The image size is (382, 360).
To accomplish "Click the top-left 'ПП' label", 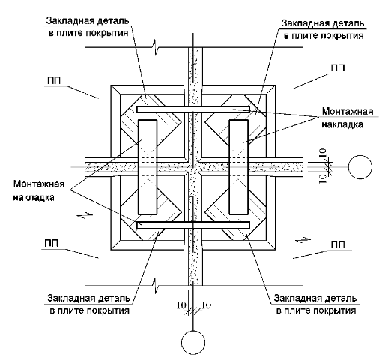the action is (53, 80).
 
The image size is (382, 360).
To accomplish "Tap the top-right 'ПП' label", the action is (338, 68).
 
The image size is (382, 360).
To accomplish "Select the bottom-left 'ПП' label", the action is (52, 243).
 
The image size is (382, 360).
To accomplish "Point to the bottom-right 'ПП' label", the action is (338, 244).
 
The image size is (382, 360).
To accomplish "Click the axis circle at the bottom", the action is (193, 342).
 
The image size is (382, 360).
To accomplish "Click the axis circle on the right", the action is (360, 167).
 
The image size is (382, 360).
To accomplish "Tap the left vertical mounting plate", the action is (148, 167).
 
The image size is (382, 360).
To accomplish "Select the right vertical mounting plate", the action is (239, 167).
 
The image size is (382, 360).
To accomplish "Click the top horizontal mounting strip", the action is (193, 109).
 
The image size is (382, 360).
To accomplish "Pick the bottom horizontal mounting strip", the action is (193, 225).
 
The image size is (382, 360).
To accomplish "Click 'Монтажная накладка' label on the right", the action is (347, 118).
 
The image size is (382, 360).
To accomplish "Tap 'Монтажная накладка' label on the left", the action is (39, 190).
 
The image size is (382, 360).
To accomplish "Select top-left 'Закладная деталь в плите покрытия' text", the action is (88, 26).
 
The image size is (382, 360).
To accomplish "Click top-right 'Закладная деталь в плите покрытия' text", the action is (323, 29).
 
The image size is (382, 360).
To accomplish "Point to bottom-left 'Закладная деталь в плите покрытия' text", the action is (88, 304).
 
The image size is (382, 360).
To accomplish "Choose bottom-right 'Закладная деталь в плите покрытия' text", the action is (315, 304).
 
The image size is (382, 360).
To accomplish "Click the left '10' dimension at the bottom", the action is (181, 305).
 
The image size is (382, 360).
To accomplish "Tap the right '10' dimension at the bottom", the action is (206, 305).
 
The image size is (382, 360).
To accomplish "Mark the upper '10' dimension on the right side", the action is (323, 153).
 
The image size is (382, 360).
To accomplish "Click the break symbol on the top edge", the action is (156, 46).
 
